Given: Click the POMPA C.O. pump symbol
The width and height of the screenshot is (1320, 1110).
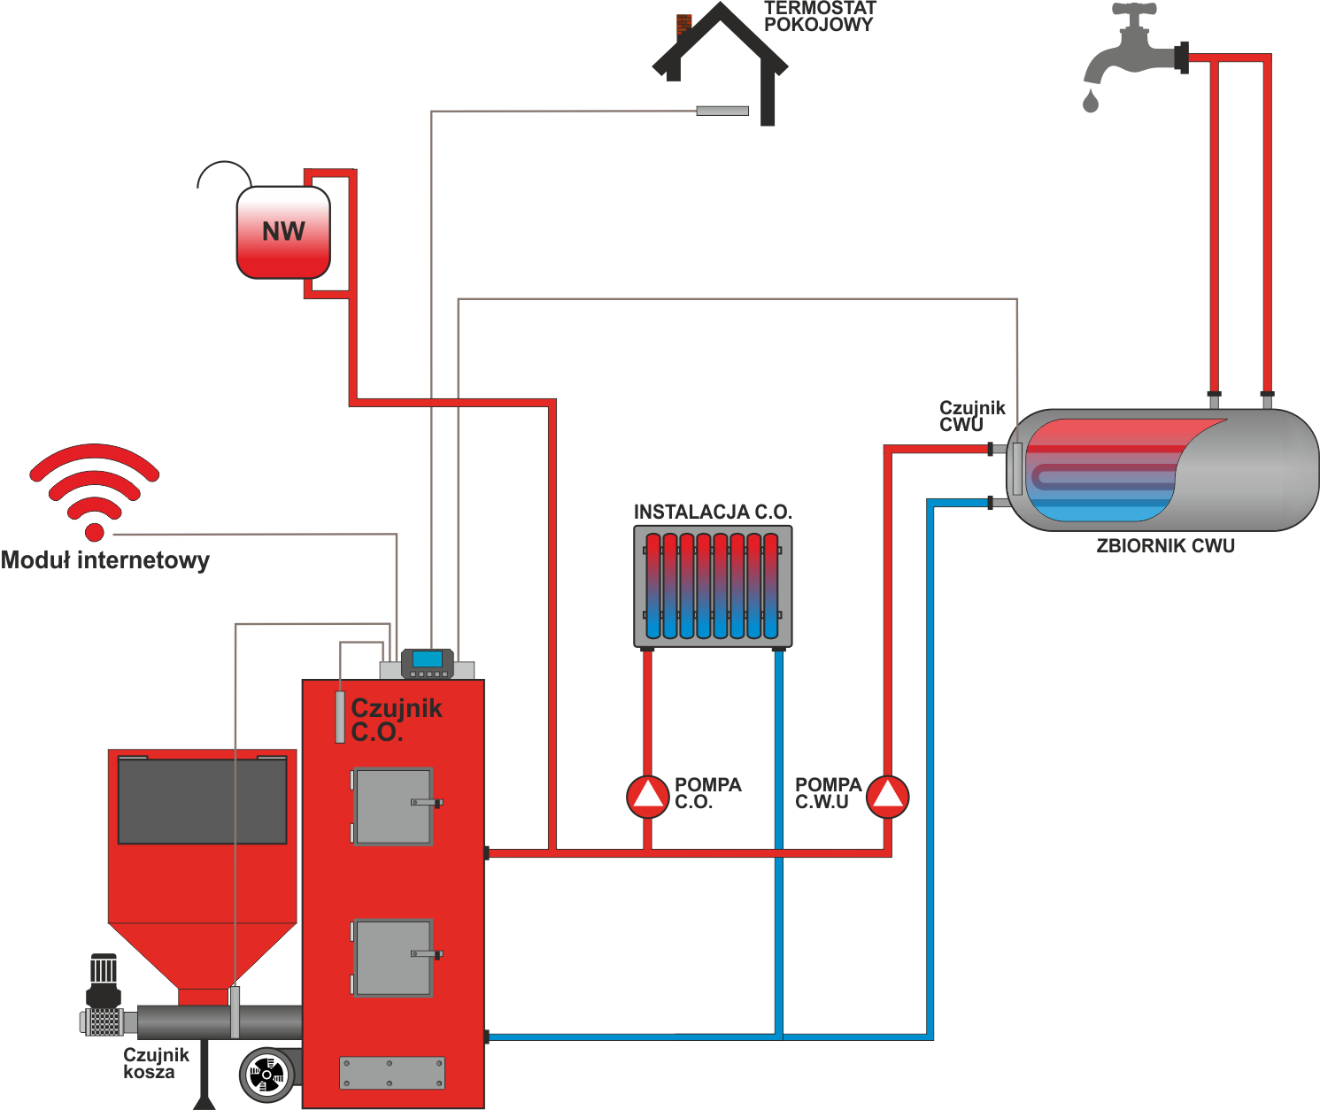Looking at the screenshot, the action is pos(647,797).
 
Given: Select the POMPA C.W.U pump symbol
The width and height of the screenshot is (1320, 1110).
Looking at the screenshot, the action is pos(888,797).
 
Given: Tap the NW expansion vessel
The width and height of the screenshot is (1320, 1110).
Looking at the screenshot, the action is pos(283,232).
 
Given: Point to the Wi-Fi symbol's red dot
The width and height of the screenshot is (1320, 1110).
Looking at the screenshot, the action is pos(94,532).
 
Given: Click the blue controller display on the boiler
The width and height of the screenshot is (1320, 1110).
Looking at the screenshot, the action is pos(428,659).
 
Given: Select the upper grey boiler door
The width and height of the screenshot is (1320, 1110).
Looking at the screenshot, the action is pos(393,806).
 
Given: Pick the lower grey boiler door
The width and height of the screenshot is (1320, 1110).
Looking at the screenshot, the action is pos(393,958).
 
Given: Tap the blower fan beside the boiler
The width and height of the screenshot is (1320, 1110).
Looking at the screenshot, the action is pos(266,1075).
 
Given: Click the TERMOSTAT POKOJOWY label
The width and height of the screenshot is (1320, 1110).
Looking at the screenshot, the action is pos(820,17).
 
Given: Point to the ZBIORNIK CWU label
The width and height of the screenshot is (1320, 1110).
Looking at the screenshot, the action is pos(1165,545).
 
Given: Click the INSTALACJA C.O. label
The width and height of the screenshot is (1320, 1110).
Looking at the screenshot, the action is pos(713,512).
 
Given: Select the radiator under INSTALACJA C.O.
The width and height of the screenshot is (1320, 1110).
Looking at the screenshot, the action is pos(713,586).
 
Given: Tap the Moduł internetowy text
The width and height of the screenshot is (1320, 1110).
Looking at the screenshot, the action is pos(105,560).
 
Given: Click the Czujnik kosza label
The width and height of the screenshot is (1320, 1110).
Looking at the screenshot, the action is pos(156,1063).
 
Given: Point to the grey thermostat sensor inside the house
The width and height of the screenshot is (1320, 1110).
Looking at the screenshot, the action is pos(722,111).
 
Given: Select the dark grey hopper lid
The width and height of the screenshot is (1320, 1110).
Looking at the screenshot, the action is pos(203,800).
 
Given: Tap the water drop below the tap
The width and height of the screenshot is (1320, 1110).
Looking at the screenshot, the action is pos(1091,101).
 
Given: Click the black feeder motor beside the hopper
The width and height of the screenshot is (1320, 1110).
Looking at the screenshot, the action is pos(104,981).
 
